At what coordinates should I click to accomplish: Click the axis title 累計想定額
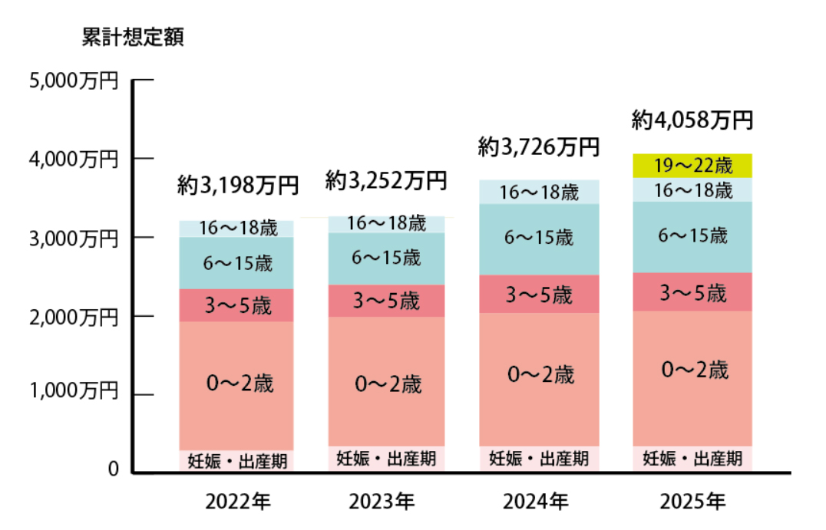(x=132, y=38)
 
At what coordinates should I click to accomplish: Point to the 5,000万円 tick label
(x=74, y=80)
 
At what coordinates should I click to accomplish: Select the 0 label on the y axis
(x=113, y=469)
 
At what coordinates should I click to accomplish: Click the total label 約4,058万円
(x=692, y=120)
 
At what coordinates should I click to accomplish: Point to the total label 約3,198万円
(x=237, y=185)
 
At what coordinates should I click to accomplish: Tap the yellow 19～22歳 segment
(x=692, y=166)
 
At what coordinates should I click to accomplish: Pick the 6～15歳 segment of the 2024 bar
(x=539, y=239)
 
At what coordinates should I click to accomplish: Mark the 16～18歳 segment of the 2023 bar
(x=386, y=224)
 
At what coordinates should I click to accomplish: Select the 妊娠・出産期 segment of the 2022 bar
(x=236, y=461)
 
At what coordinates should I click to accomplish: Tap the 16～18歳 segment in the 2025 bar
(x=692, y=190)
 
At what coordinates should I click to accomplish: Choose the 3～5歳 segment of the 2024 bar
(x=539, y=294)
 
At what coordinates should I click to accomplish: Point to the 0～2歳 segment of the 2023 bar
(x=386, y=383)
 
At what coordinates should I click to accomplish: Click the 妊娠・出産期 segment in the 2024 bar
(x=539, y=459)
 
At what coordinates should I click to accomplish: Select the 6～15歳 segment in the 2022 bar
(x=236, y=264)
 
